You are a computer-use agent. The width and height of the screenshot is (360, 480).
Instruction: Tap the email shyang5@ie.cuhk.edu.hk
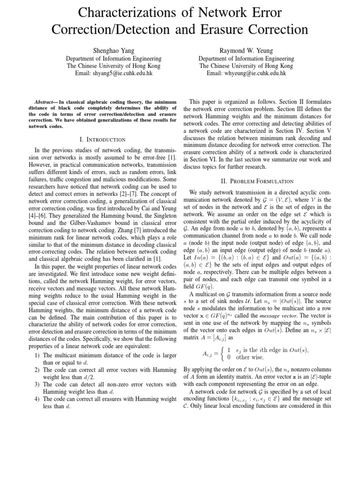coord(113,74)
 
